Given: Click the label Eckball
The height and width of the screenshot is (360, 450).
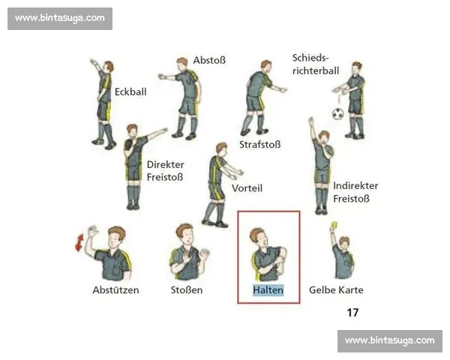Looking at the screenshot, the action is coord(130,91).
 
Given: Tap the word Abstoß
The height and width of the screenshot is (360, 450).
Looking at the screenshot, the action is coord(209,60).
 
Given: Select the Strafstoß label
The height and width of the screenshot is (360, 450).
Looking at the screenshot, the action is coord(260,145).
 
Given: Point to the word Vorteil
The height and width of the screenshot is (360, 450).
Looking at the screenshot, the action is coord(247,188).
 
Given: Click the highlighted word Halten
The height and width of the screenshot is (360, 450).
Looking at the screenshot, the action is coord(268,290).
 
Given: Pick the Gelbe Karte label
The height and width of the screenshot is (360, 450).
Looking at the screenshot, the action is coord(336,290).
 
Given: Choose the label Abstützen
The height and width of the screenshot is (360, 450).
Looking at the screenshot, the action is coord(116,290).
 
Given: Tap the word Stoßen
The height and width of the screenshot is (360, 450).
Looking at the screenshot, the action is coord(187,290).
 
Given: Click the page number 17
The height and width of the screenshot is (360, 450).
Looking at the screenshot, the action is coord(352,312).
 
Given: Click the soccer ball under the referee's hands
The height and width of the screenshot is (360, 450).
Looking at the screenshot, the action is coord(338,114).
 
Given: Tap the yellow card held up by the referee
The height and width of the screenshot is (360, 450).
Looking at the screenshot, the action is coord(334,225).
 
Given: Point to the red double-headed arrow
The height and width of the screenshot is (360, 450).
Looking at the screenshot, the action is coord(79,242).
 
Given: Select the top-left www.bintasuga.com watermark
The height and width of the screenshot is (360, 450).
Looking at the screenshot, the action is coord(60,19).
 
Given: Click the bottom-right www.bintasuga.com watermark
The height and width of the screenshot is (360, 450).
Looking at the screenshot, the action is coord(390,341).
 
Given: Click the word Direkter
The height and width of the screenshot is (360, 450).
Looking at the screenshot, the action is coord(165,165).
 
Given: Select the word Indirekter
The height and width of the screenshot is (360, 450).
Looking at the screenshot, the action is coord(355,186).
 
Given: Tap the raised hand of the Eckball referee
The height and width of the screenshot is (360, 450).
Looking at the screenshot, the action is coord(93,62).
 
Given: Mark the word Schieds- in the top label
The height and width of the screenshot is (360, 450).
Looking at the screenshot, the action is coord(310,58).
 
